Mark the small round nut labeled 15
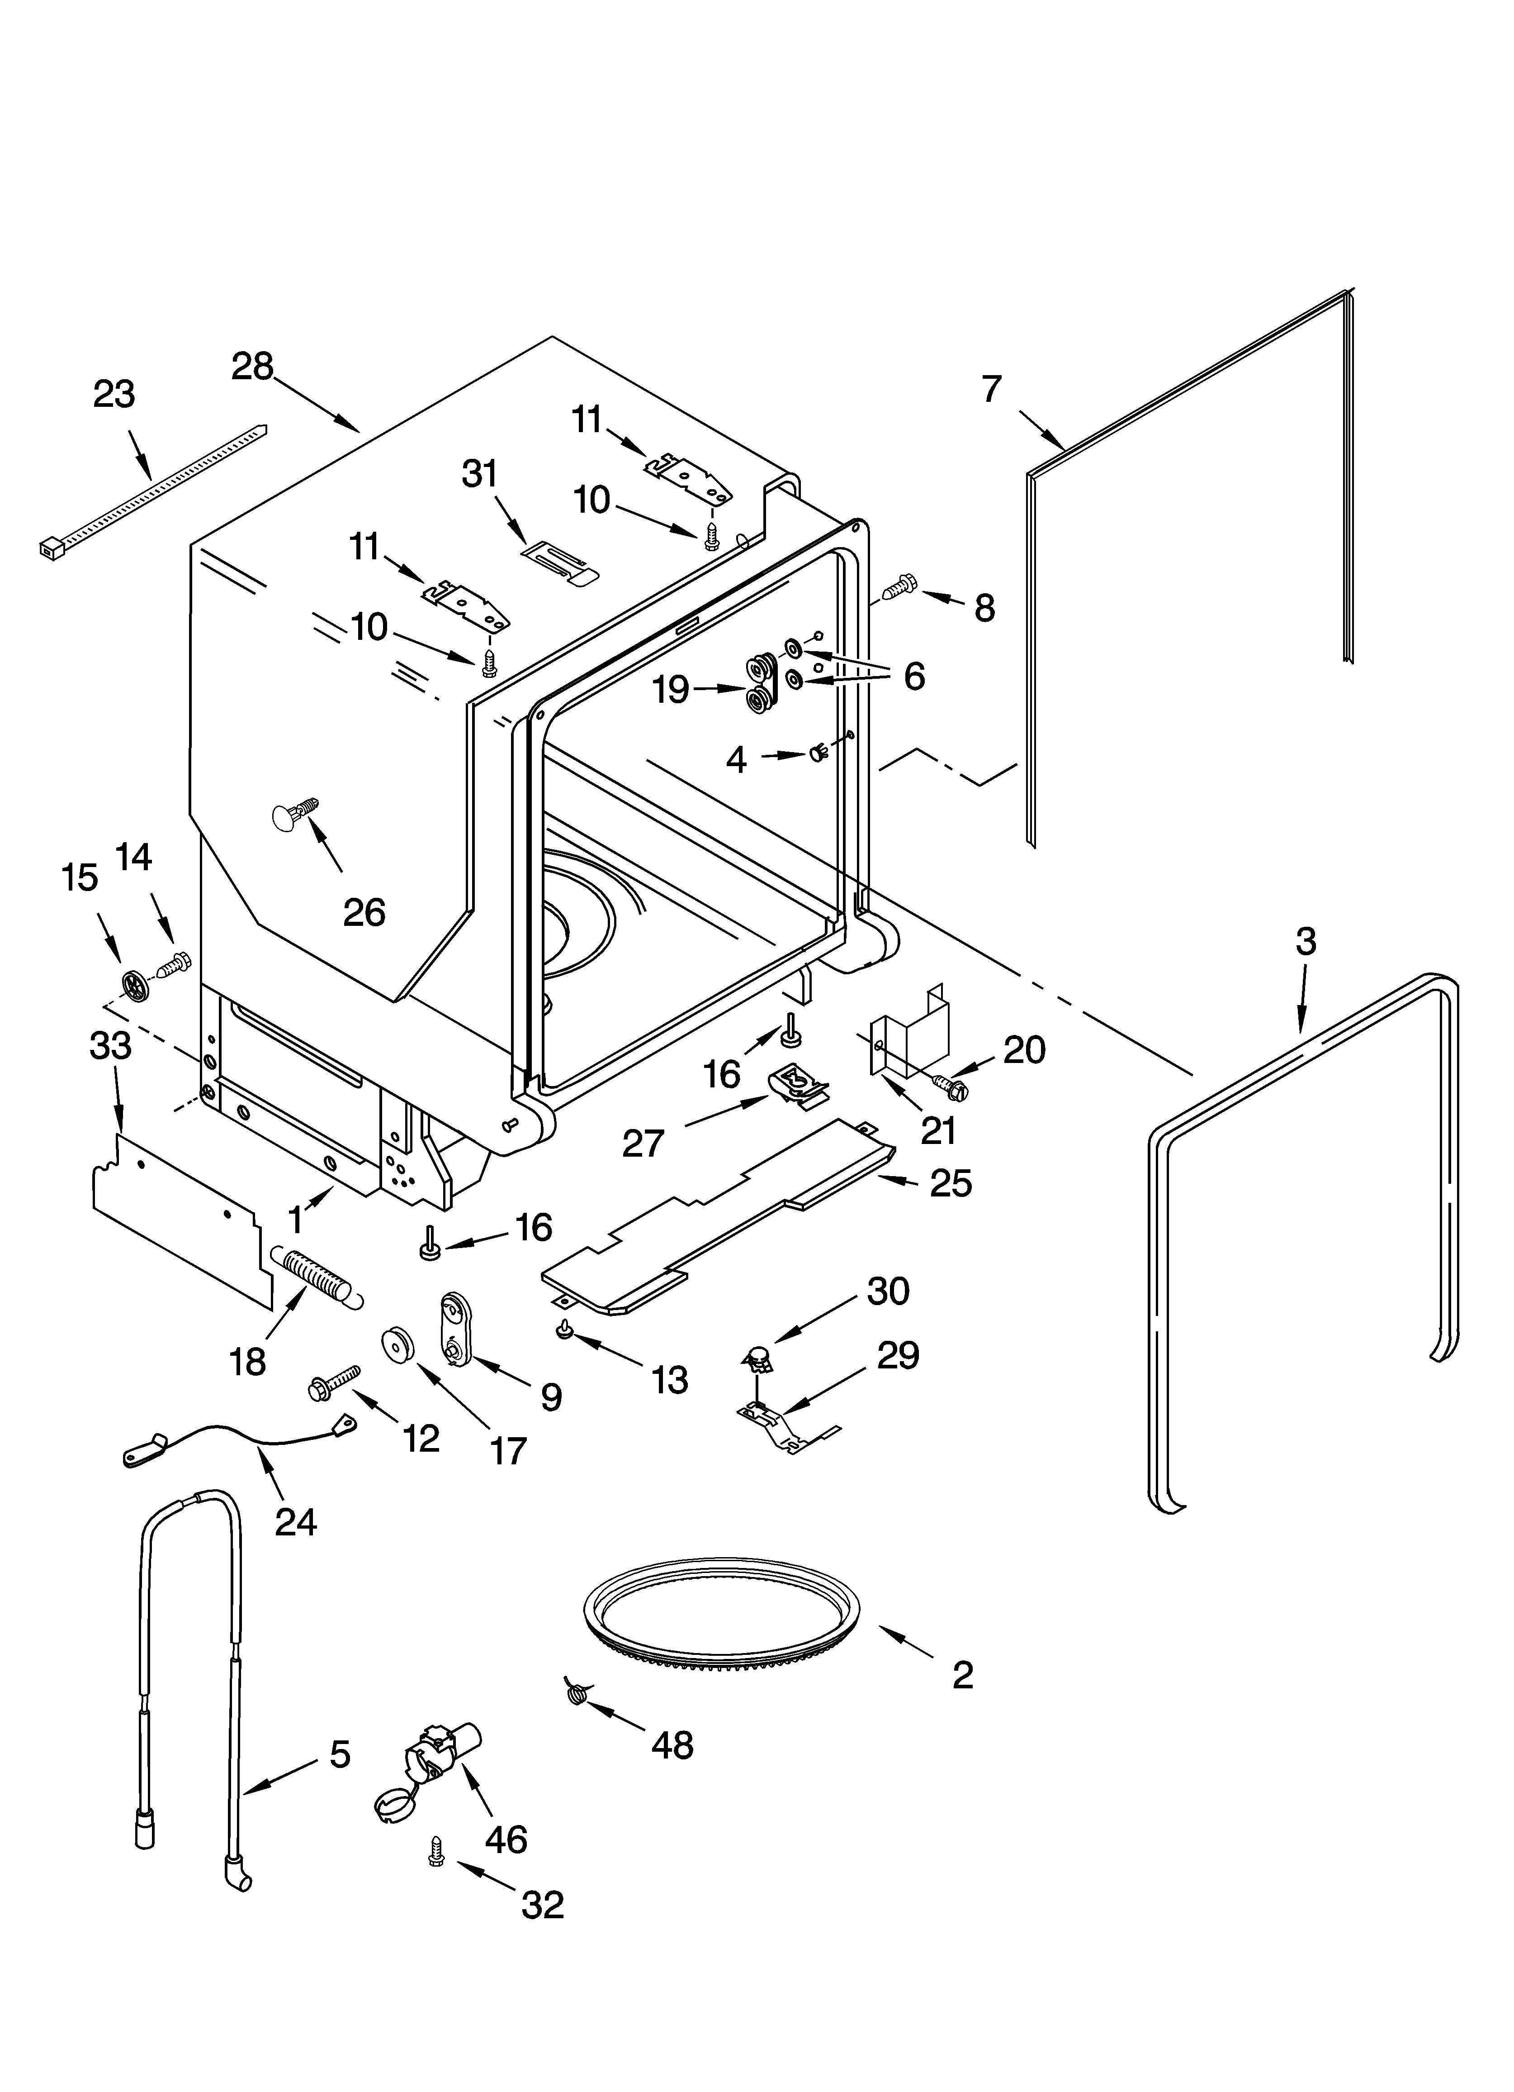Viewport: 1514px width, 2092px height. tap(135, 986)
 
